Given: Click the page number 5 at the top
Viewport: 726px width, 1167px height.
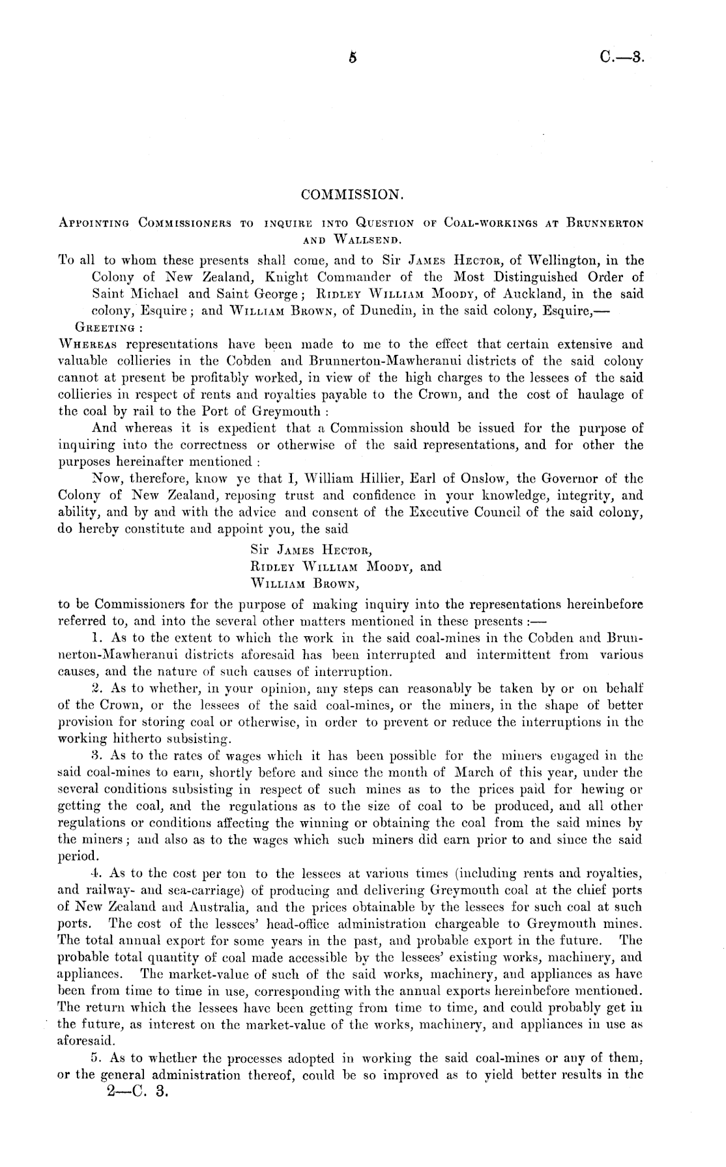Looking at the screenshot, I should pyautogui.click(x=353, y=57).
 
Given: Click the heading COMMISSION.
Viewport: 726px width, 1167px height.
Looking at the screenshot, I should pyautogui.click(x=353, y=195).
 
